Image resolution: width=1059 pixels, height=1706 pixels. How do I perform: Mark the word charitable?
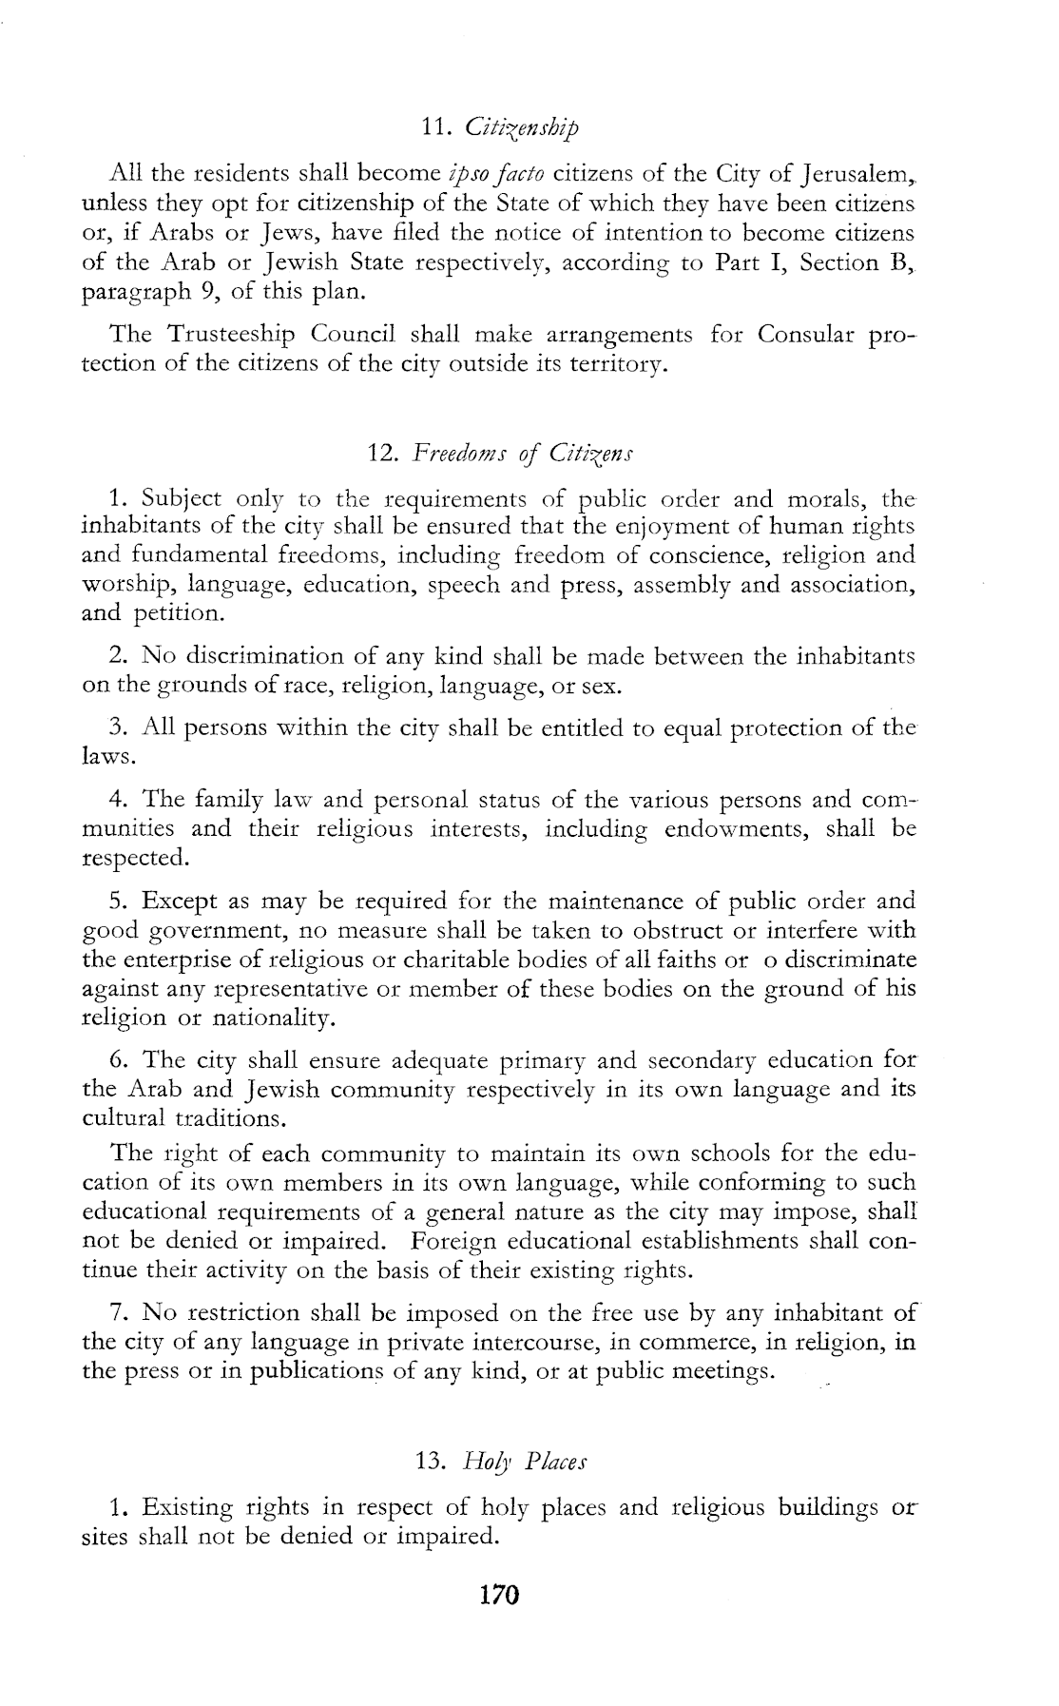(420, 960)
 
